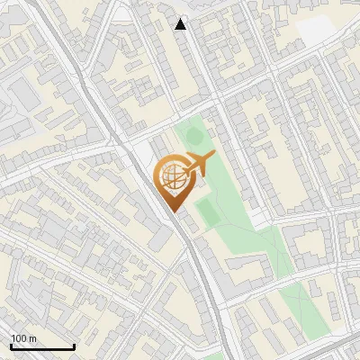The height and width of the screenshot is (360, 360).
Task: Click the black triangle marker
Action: click(181, 24)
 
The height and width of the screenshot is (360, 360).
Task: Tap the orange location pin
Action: click(172, 181)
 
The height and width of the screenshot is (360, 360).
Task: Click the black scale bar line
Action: click(42, 346)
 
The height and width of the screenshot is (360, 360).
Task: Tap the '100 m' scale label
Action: click(23, 338)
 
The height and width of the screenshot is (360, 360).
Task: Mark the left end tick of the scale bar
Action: click(11, 346)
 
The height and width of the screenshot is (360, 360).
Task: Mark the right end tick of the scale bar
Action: click(74, 346)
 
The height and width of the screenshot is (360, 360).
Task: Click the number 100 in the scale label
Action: click(19, 338)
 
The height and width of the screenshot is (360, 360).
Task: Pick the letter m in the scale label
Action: click(32, 339)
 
